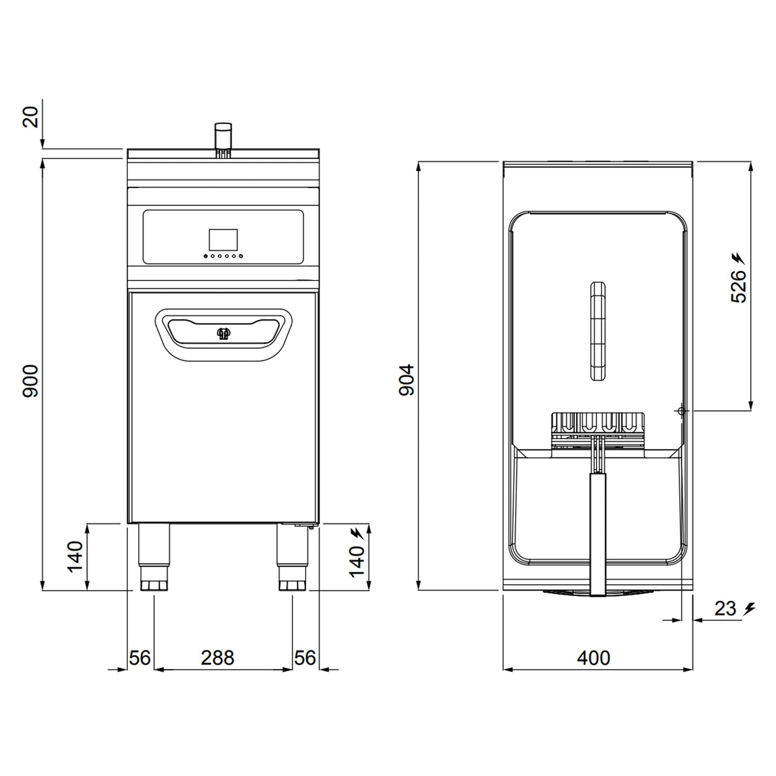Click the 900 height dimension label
point(30,381)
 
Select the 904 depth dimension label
point(407,380)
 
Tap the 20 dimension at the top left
point(30,117)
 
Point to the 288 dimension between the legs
point(217,658)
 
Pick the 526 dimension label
point(738,286)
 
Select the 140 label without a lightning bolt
point(75,557)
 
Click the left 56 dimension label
point(140,658)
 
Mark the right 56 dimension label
point(305,658)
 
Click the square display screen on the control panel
point(223,239)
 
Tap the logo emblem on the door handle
point(223,333)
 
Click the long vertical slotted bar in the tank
point(597,332)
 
